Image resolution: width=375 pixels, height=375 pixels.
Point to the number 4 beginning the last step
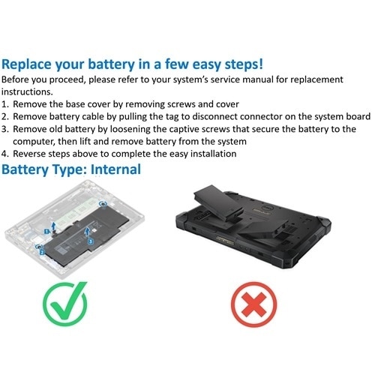6,153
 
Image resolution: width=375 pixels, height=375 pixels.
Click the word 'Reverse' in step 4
36,153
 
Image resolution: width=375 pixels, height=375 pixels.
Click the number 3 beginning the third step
6,130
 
